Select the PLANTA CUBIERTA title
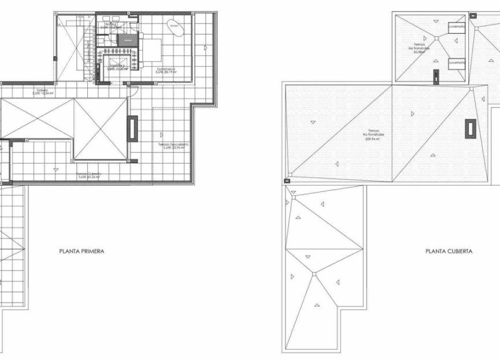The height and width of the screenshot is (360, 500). pos(449,251)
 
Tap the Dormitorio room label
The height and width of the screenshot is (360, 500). pos(166,70)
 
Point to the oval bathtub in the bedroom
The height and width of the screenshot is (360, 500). pos(175,26)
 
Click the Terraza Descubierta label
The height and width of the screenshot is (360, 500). pos(173,146)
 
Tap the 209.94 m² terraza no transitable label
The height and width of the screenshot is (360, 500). pos(374,136)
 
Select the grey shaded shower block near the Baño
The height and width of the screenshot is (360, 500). pos(128,40)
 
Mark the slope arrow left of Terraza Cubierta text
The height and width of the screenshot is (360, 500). pos(55,169)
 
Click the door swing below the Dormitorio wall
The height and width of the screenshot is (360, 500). pos(132,87)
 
